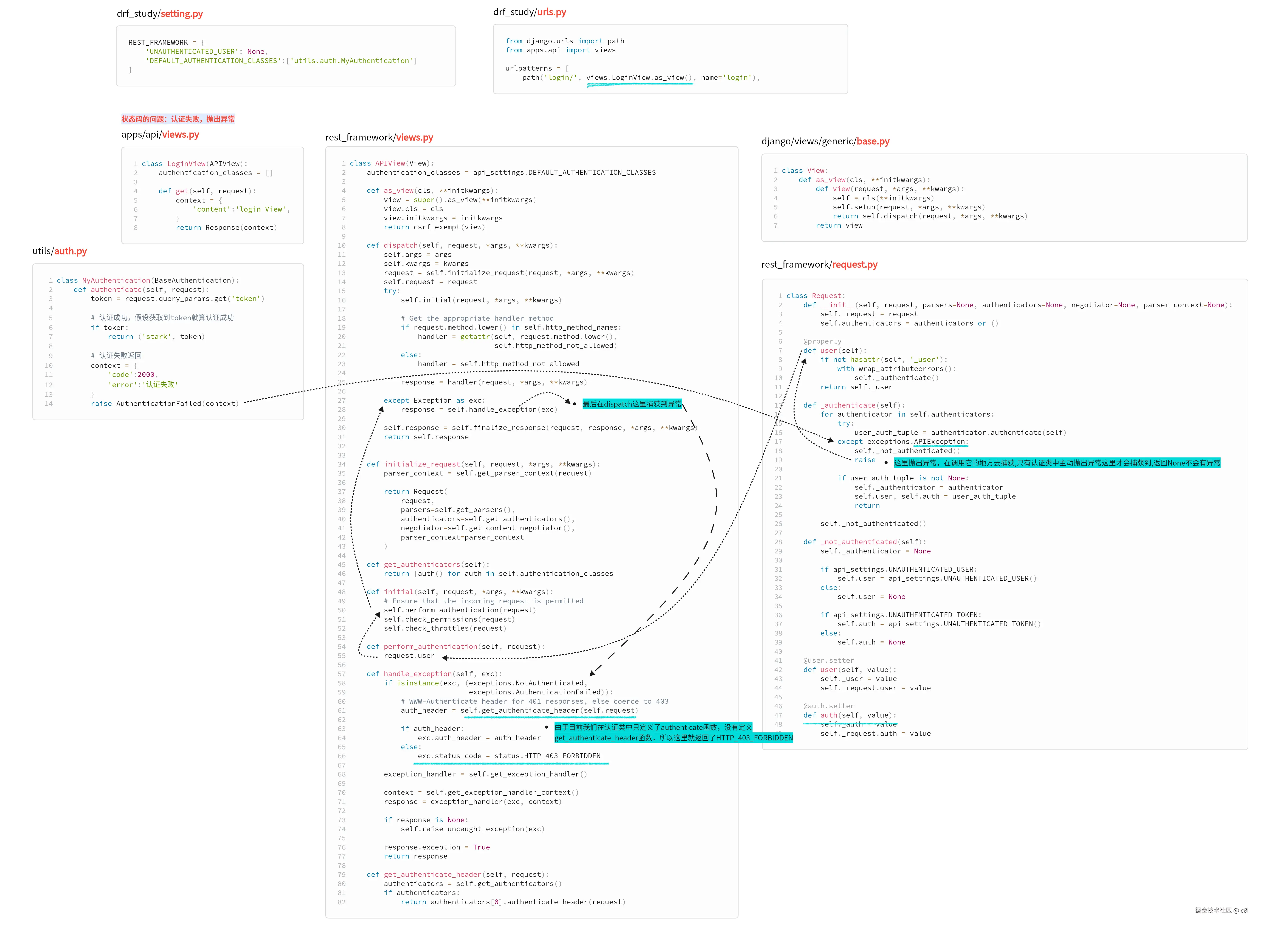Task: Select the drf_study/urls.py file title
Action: pyautogui.click(x=530, y=12)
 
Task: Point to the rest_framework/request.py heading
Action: pyautogui.click(x=819, y=265)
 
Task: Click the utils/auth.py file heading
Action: pyautogui.click(x=59, y=251)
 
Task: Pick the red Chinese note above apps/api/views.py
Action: pyautogui.click(x=178, y=119)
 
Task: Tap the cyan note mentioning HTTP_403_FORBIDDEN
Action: pyautogui.click(x=674, y=733)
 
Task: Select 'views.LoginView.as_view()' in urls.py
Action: pyautogui.click(x=639, y=77)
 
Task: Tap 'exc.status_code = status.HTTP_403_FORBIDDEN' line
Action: pyautogui.click(x=509, y=756)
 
